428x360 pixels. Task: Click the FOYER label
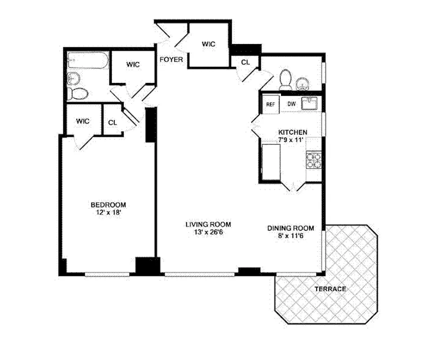171,59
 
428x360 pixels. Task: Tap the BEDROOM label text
108,205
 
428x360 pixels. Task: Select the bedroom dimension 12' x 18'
108,213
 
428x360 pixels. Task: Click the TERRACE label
330,289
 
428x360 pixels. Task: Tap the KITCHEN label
293,132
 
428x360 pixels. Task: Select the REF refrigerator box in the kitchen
271,104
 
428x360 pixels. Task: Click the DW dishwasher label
291,104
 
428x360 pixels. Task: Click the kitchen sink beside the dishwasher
310,104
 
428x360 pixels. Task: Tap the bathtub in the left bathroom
87,60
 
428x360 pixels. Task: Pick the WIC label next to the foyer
208,44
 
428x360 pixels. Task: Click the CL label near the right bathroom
245,63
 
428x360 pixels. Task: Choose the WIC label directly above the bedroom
83,121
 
